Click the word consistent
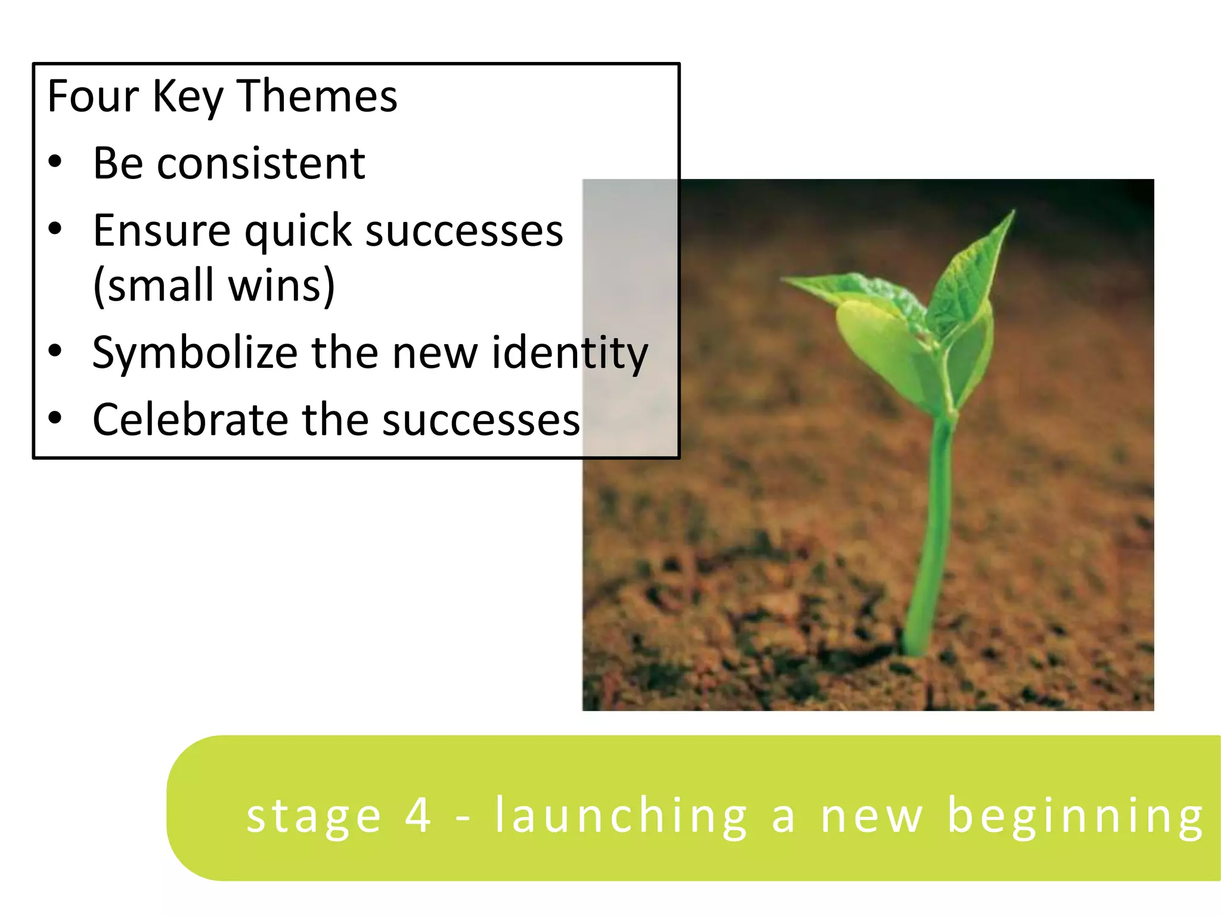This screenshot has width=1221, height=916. pos(261,163)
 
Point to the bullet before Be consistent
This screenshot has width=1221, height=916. pos(55,162)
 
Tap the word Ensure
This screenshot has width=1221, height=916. pos(162,230)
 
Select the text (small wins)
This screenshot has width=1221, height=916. pos(214,286)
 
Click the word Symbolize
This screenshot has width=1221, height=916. pos(194,353)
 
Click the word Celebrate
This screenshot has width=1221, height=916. pos(191,420)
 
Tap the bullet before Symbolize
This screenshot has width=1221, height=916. pos(55,351)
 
